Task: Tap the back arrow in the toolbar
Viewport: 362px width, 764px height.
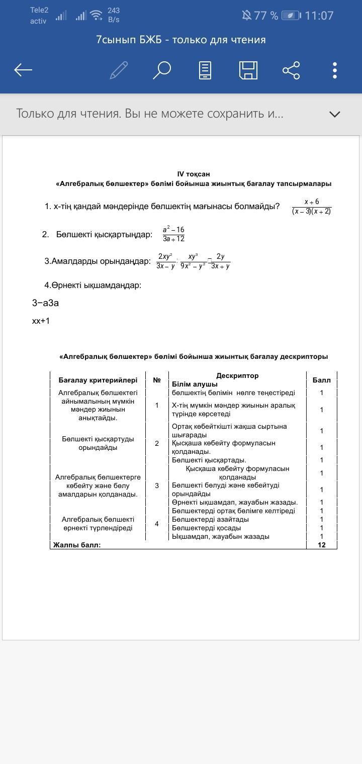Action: click(x=23, y=70)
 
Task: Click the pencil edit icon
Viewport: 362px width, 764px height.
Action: click(x=119, y=70)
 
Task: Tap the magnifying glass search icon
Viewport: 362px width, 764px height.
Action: click(x=162, y=70)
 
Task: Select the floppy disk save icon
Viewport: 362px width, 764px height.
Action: click(x=248, y=70)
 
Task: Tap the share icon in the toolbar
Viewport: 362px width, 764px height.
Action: click(x=291, y=70)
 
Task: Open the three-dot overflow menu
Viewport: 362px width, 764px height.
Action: click(x=335, y=70)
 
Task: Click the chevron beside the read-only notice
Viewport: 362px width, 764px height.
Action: click(x=335, y=114)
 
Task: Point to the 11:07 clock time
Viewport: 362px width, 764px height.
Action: click(x=319, y=16)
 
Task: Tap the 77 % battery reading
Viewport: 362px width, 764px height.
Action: click(x=266, y=16)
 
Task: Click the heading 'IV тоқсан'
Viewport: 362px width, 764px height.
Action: click(x=194, y=174)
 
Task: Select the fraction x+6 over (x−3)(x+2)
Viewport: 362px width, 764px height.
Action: click(x=312, y=207)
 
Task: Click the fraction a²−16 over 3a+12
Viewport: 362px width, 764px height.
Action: click(x=173, y=234)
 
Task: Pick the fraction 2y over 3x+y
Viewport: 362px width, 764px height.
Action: click(x=220, y=261)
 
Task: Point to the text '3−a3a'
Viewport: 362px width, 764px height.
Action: click(x=45, y=303)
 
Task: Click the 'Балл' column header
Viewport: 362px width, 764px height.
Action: click(x=321, y=380)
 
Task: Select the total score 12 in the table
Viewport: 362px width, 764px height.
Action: click(x=322, y=545)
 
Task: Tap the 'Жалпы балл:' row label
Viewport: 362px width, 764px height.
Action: click(x=77, y=545)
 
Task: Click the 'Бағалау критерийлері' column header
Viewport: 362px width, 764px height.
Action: click(x=98, y=380)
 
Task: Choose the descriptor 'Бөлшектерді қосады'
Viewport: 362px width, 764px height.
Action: click(x=206, y=528)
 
